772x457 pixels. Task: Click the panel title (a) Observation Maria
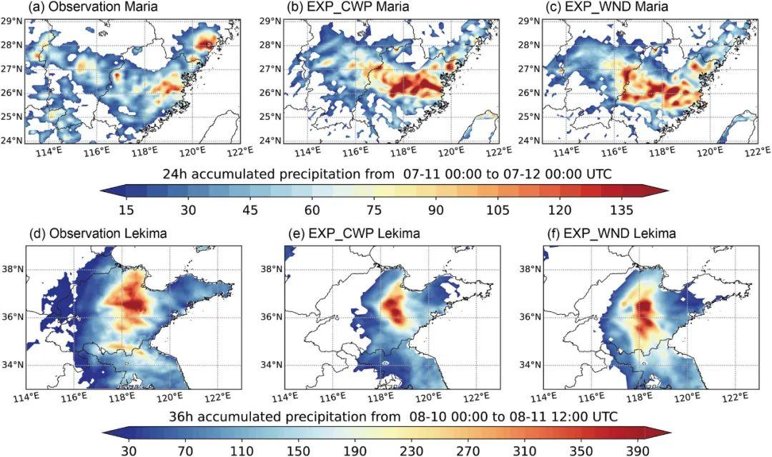point(93,7)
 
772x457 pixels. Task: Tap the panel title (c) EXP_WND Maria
point(608,7)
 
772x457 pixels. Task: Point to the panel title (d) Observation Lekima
point(97,233)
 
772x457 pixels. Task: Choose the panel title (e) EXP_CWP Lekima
point(355,233)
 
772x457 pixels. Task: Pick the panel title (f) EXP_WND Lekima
point(612,233)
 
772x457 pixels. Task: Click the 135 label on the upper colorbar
point(622,210)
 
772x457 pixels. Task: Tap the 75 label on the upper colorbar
point(375,210)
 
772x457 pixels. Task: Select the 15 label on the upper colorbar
point(127,210)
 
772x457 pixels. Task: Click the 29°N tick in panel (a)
point(13,21)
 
